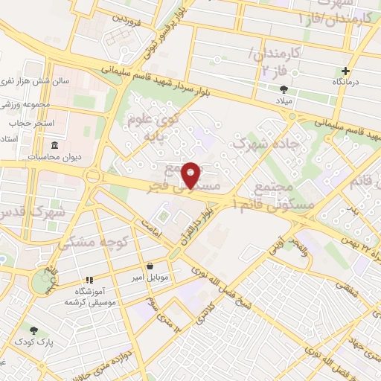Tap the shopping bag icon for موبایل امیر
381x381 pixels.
tap(151, 265)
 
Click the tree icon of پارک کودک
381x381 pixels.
tap(33, 330)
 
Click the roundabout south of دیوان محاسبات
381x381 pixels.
tap(93, 176)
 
